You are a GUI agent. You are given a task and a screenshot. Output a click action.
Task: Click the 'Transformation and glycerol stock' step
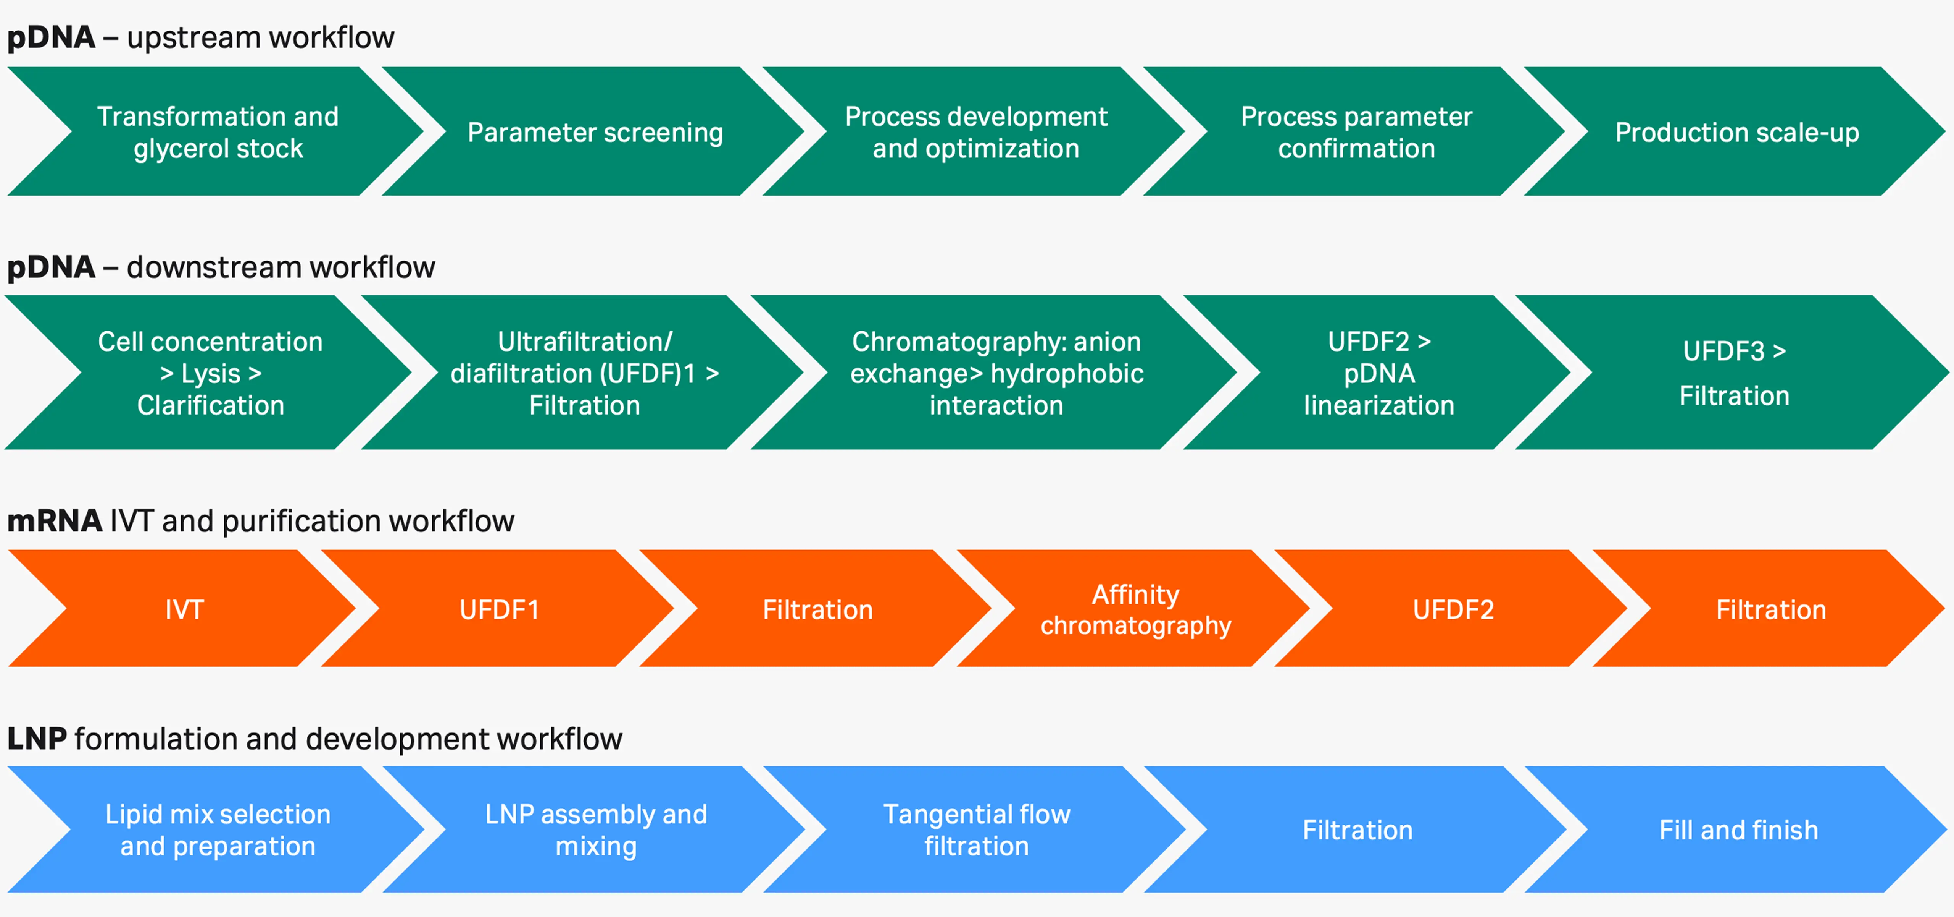[218, 132]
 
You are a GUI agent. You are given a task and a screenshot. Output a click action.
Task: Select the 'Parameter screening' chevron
[595, 132]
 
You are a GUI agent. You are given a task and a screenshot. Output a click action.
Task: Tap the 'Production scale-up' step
[1737, 132]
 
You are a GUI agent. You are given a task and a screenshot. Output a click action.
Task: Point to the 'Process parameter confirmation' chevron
[1356, 132]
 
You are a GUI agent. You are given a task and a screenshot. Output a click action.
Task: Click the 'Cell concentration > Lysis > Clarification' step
[210, 373]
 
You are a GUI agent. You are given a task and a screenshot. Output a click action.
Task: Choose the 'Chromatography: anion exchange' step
[996, 373]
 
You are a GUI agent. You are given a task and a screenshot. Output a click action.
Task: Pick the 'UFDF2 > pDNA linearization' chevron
[1379, 373]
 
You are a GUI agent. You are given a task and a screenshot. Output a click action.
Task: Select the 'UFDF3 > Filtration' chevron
[1734, 373]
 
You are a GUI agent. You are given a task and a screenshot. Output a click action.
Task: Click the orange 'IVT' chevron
[184, 609]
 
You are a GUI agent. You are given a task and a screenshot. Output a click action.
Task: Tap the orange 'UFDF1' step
[499, 609]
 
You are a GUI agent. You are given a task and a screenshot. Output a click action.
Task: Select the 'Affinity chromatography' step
[1135, 609]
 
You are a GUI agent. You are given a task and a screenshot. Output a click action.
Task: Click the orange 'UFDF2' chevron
[1453, 609]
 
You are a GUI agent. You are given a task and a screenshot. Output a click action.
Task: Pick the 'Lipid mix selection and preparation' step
[218, 830]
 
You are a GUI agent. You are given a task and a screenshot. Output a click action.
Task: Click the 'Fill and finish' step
[1738, 830]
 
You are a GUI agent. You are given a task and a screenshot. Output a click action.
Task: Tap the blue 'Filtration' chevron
[1357, 830]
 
